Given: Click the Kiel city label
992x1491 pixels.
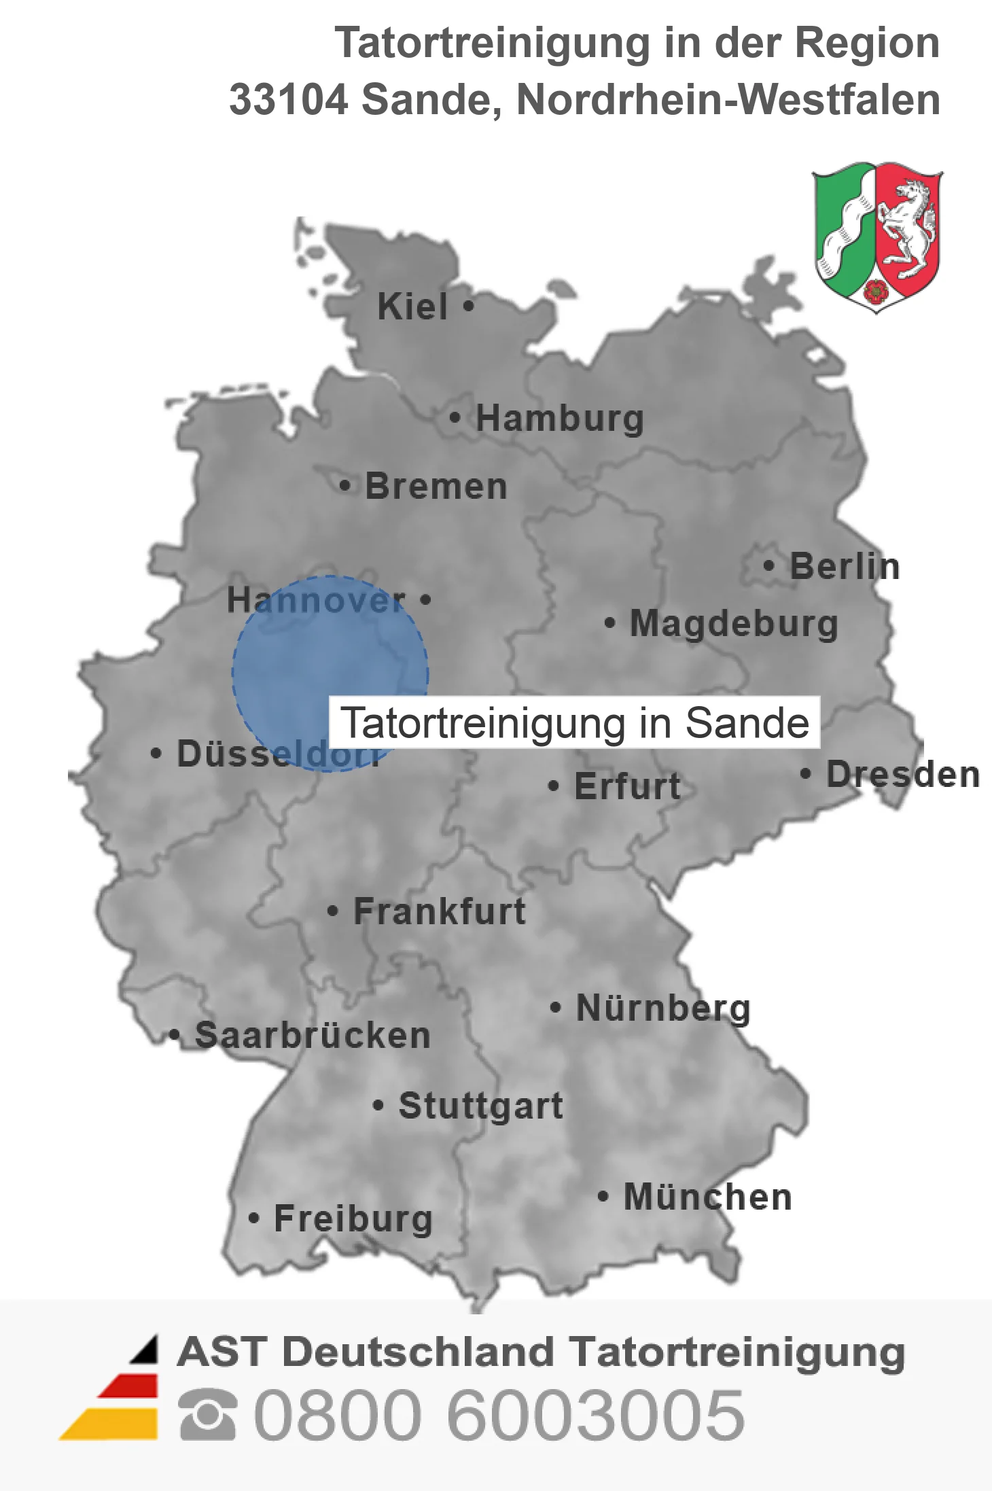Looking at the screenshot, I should pos(412,306).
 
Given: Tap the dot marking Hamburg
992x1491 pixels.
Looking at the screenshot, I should pos(455,417).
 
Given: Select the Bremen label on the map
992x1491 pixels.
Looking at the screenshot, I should pos(436,487).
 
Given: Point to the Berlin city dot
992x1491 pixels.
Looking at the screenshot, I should pos(768,565).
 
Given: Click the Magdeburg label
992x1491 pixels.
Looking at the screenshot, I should pos(734,624).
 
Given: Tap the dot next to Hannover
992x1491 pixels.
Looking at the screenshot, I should pos(425,599).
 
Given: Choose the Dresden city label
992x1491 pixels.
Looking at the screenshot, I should pos(903,775).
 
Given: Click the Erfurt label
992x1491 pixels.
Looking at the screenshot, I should pos(627,787).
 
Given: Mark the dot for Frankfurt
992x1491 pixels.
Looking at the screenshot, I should pos(332,911).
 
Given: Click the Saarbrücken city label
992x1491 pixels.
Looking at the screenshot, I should pos(313,1036).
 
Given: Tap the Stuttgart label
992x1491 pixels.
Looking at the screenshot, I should pos(481,1106).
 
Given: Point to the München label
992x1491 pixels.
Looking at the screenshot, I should pos(708,1197).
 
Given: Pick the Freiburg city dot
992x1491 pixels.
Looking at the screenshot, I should pos(253,1218).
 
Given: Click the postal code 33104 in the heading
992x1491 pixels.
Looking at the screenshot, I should pos(288,100).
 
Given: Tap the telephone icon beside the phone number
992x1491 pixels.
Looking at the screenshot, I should pos(208,1415).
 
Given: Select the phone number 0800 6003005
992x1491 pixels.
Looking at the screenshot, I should pos(499,1415).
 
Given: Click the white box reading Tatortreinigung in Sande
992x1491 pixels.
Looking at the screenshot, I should pos(575,722).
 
